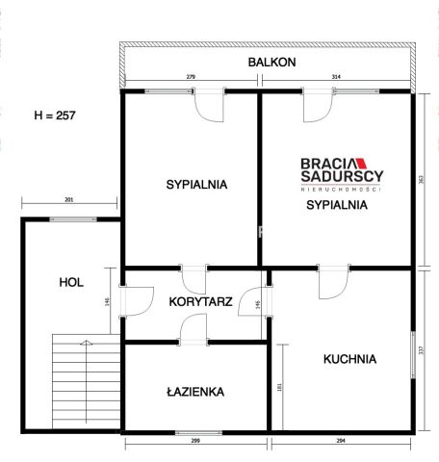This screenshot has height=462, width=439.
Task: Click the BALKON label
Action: pos(271,62)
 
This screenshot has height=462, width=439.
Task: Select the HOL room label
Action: pos(70,282)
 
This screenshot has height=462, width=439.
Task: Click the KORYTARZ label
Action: pos(200,301)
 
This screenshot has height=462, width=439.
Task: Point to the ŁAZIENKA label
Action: pos(194,392)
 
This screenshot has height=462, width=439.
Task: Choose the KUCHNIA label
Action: pos(349,359)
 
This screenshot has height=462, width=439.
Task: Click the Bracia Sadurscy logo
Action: pos(341,171)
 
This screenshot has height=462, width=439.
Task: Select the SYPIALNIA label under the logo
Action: pos(337,204)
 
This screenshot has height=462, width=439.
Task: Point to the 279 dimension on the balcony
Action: pos(191,76)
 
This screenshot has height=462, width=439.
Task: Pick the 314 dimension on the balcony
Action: pos(336,76)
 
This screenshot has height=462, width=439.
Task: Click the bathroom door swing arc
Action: pos(193,329)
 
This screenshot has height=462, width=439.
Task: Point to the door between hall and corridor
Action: pos(133,300)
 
